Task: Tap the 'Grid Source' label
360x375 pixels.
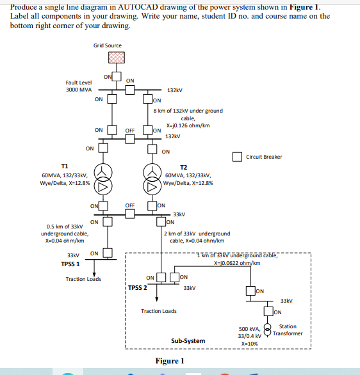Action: pyautogui.click(x=107, y=45)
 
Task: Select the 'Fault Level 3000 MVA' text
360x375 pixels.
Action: pyautogui.click(x=79, y=86)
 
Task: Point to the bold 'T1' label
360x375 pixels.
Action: pyautogui.click(x=65, y=165)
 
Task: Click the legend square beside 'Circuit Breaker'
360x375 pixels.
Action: pyautogui.click(x=237, y=157)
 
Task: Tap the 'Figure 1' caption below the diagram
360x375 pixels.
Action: pyautogui.click(x=170, y=361)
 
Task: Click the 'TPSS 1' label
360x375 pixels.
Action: pyautogui.click(x=70, y=264)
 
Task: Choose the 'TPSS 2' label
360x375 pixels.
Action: pyautogui.click(x=137, y=287)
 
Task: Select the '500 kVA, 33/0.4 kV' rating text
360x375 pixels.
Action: pyautogui.click(x=249, y=331)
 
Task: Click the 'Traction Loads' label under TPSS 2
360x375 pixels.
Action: pyautogui.click(x=159, y=311)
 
